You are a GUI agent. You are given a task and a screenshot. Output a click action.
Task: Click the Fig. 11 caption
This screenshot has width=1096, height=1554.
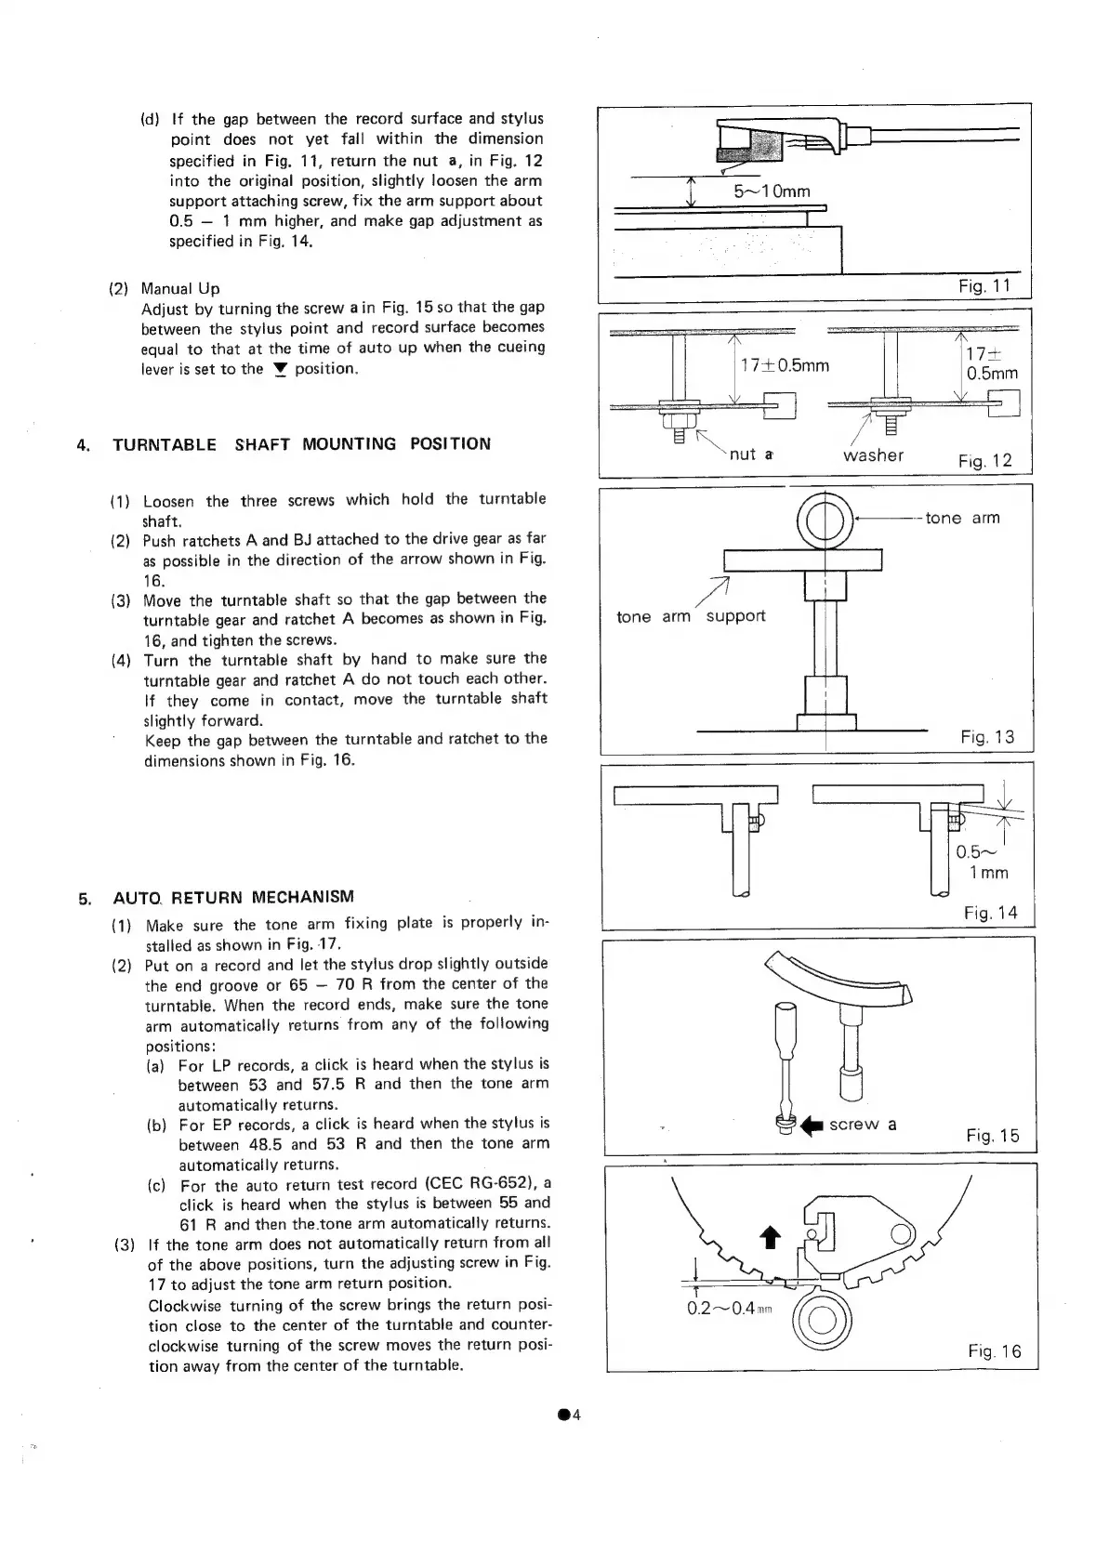[x=984, y=286]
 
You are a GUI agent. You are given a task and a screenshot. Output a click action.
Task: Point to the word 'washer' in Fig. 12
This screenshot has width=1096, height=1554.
[x=873, y=455]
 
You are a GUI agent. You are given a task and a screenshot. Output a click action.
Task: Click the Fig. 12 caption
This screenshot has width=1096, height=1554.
[x=984, y=461]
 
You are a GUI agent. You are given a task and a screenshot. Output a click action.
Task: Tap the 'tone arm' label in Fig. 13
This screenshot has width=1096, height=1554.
[x=962, y=518]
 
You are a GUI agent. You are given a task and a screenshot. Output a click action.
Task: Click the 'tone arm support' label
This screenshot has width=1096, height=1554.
[x=691, y=616]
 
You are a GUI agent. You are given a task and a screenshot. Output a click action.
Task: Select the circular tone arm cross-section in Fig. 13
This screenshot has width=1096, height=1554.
[x=825, y=519]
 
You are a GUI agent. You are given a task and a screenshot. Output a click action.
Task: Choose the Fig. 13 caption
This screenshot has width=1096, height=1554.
[x=987, y=738]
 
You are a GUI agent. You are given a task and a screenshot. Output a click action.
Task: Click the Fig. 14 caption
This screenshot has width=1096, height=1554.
[x=990, y=914]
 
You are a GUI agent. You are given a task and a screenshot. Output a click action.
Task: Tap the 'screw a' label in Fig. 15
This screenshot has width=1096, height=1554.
[x=863, y=1125]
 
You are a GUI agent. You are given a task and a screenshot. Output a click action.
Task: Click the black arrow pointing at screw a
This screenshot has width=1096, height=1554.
[x=813, y=1126]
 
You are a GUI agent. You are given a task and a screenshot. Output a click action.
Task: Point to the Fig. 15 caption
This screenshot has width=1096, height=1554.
[x=992, y=1136]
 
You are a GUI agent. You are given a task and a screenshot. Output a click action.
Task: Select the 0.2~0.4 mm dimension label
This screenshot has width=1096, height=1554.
[x=733, y=1309]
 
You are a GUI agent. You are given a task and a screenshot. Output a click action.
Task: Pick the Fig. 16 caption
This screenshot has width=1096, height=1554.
[x=994, y=1351]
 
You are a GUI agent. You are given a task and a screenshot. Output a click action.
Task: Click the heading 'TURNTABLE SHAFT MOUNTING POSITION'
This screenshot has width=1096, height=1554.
[x=301, y=444]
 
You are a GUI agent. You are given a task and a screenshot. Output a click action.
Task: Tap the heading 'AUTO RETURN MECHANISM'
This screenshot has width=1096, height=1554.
[x=232, y=898]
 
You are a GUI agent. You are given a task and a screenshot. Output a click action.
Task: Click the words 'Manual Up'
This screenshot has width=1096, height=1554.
[x=180, y=288]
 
